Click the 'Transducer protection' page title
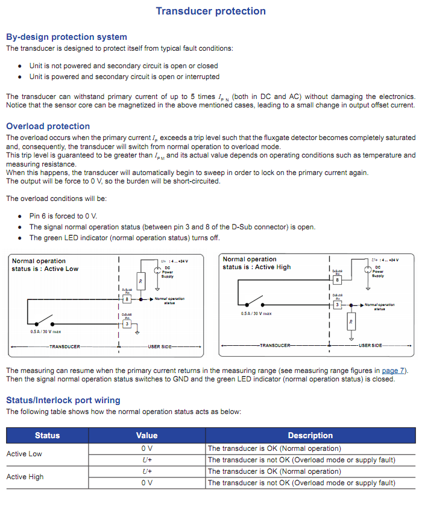click(210, 11)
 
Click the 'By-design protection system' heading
click(66, 37)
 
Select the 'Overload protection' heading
click(48, 126)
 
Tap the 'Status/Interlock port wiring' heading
click(63, 400)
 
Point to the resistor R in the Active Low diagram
click(140, 281)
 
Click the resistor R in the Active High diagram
click(350, 322)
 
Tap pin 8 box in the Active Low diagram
click(126, 299)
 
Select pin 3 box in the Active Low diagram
click(126, 323)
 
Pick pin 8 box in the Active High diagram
click(337, 280)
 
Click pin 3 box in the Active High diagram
click(337, 305)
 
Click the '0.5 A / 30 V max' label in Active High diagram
click(256, 314)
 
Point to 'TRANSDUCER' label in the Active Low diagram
click(65, 347)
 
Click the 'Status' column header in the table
click(48, 435)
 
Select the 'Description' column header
click(310, 435)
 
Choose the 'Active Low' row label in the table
click(24, 454)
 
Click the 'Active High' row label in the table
click(25, 477)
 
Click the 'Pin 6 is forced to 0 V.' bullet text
click(63, 215)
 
